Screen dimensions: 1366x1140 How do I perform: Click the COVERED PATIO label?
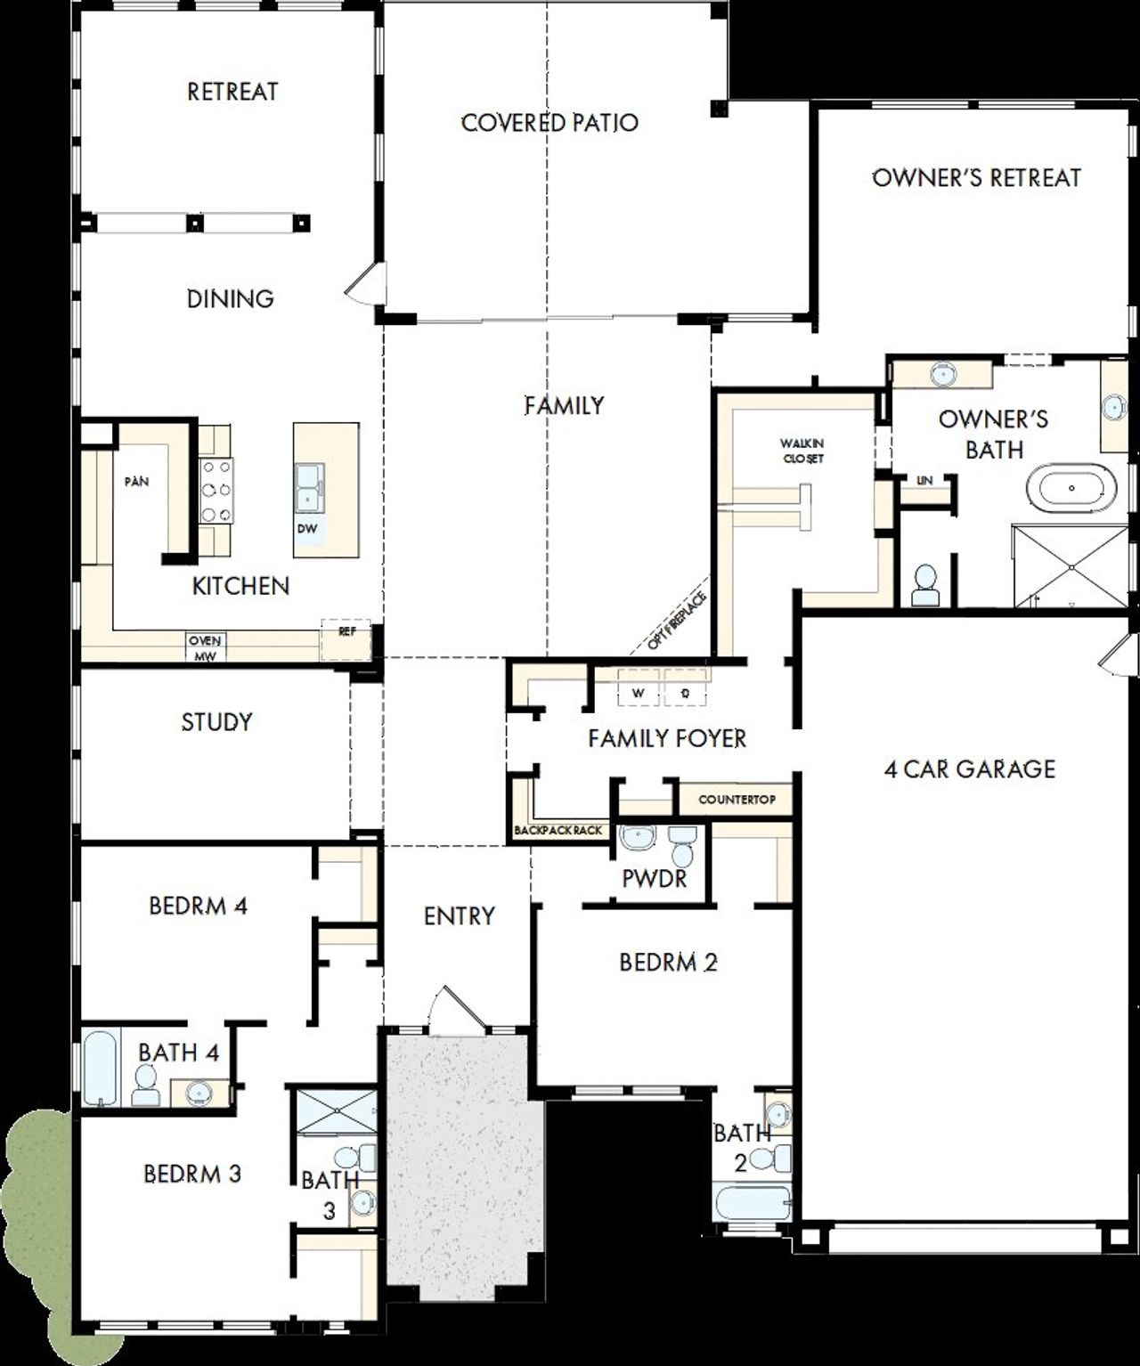pyautogui.click(x=550, y=122)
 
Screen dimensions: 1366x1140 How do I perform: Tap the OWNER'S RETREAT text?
pyautogui.click(x=976, y=177)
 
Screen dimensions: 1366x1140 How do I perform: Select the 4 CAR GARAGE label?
pyautogui.click(x=969, y=768)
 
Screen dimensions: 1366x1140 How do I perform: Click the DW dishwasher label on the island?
pyautogui.click(x=307, y=528)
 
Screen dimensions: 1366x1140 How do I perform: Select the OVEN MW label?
pyautogui.click(x=205, y=647)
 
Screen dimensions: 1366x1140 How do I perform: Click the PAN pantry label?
pyautogui.click(x=136, y=482)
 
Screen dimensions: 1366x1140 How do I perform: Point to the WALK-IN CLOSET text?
pyautogui.click(x=802, y=451)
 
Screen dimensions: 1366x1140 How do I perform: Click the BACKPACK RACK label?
pyautogui.click(x=558, y=830)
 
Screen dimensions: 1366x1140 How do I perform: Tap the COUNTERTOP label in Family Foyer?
pyautogui.click(x=736, y=799)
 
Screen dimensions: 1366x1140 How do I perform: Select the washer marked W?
pyautogui.click(x=638, y=692)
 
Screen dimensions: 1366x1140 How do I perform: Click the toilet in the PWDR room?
pyautogui.click(x=683, y=846)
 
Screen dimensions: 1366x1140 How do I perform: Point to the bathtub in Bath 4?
pyautogui.click(x=99, y=1069)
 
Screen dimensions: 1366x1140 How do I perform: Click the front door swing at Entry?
pyautogui.click(x=453, y=1010)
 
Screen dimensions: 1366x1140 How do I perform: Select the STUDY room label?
pyautogui.click(x=216, y=721)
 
